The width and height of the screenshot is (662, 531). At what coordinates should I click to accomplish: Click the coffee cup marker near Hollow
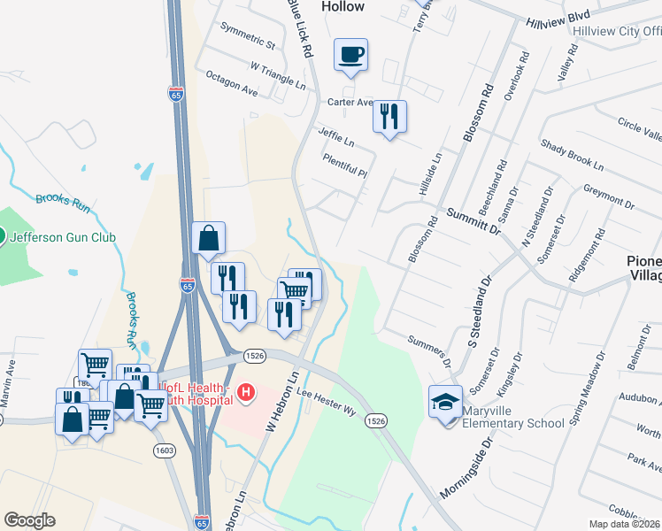pos(351,55)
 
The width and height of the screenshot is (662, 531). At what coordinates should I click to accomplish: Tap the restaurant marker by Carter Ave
pos(389,116)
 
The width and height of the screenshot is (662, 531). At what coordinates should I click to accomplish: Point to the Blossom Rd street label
pos(476,114)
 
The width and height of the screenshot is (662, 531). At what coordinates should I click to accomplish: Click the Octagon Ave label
pos(230,85)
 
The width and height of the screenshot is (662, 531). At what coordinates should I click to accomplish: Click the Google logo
pos(29,520)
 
